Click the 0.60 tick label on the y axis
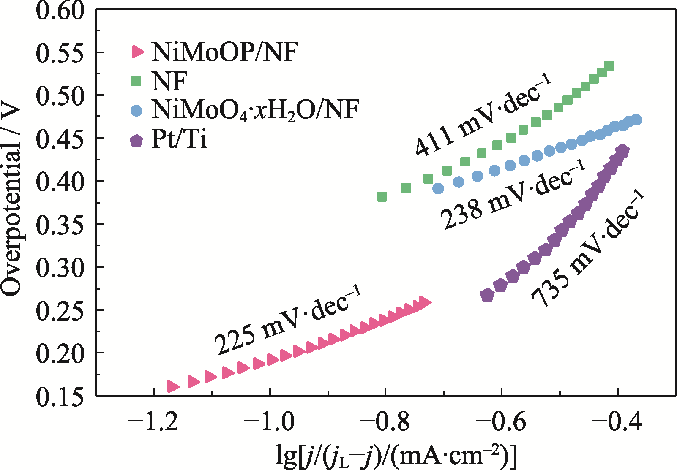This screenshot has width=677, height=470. click(60, 10)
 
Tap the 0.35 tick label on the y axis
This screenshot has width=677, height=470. click(60, 224)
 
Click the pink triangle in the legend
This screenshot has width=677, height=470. click(138, 52)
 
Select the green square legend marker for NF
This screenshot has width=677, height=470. click(136, 81)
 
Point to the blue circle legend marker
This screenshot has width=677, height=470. click(136, 111)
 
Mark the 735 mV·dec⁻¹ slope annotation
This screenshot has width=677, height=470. click(587, 249)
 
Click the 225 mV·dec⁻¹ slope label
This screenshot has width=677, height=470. click(287, 320)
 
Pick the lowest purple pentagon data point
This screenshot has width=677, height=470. click(487, 295)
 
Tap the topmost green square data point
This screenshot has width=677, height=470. click(609, 66)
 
